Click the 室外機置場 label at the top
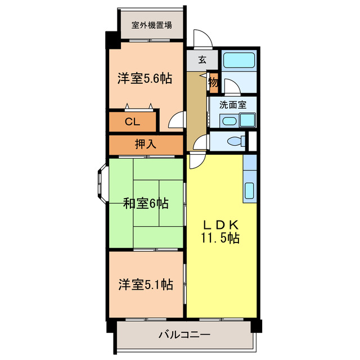coord(152,25)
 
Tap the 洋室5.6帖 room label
coord(145,79)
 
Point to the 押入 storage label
coord(146,145)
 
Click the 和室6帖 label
coord(146,203)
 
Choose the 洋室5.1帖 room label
coord(145,285)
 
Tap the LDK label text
coord(222,223)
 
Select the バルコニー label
coord(184,335)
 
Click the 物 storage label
coord(214,82)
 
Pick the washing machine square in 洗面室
coord(247,120)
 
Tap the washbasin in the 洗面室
coord(229,120)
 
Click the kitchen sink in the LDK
coord(250,192)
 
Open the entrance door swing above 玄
coord(201,38)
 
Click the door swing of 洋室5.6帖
coord(177,120)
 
